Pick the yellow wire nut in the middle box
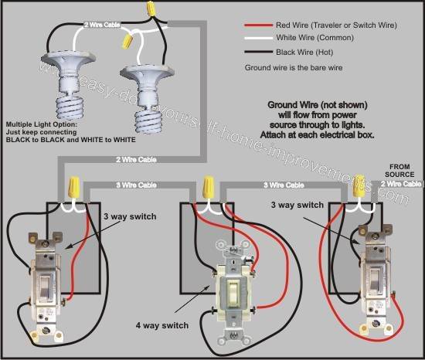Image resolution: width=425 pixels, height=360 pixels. [x=207, y=187]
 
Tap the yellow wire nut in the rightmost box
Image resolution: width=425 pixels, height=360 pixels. [x=358, y=187]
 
